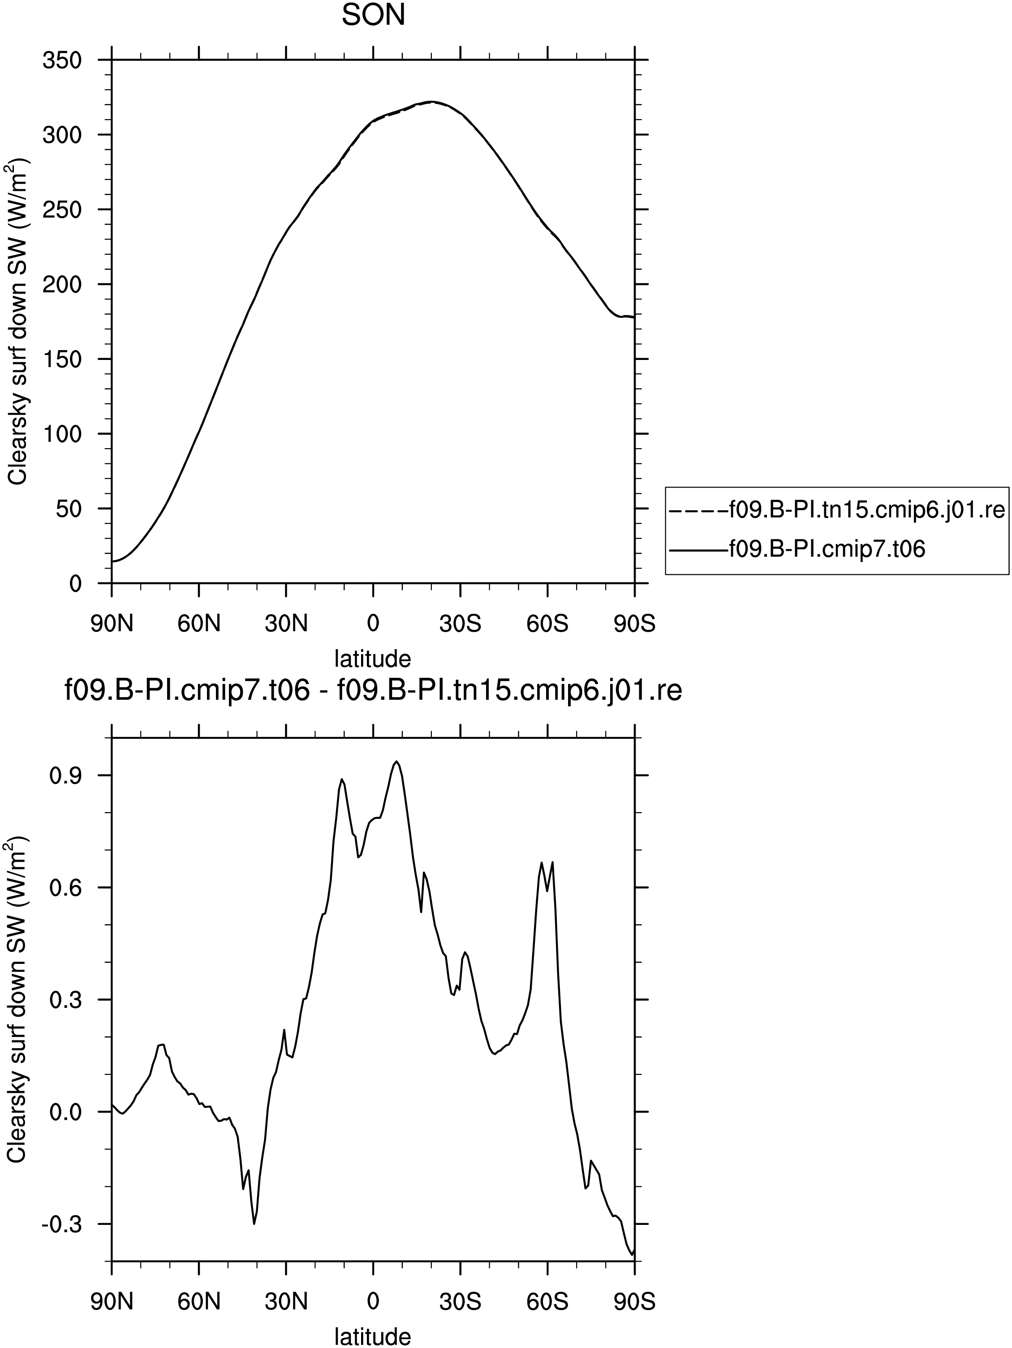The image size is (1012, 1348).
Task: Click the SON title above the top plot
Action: pos(373,16)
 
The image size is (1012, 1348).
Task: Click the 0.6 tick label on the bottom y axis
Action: pos(66,888)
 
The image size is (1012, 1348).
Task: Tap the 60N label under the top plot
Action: pos(199,624)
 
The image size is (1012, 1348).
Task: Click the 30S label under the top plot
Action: pos(460,624)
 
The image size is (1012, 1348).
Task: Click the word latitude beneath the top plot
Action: pos(373,659)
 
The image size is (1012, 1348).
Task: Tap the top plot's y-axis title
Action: pos(17,322)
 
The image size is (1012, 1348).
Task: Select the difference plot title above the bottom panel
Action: pos(373,692)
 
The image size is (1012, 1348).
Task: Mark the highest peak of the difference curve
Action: pos(396,762)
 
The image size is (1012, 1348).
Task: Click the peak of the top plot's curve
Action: pos(431,102)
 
